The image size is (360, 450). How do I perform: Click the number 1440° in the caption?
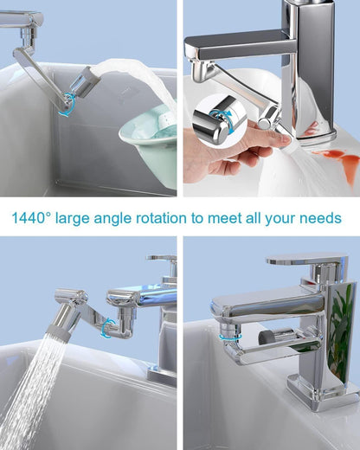[35, 217]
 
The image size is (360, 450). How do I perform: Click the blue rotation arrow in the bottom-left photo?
[109, 327]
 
